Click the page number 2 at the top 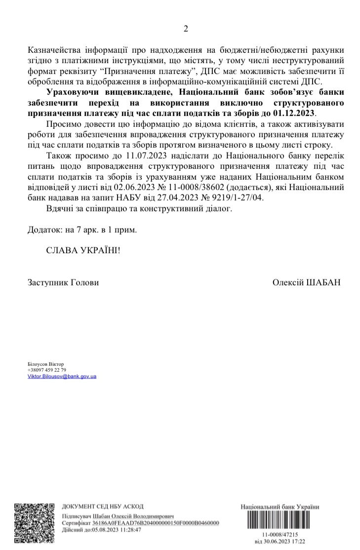[x=186, y=28]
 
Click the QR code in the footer [x=34, y=522]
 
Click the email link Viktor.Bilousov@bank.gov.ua [x=62, y=376]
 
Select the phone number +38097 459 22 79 [x=47, y=370]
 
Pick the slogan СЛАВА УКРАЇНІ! [x=83, y=250]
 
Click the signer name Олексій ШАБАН [x=306, y=282]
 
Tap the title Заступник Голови [x=63, y=282]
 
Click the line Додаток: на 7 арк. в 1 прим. [x=81, y=230]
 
